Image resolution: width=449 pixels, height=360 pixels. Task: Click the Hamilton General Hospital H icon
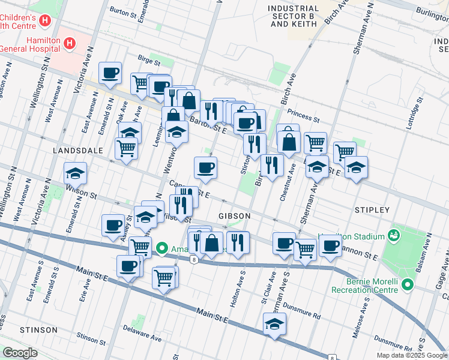[70, 43]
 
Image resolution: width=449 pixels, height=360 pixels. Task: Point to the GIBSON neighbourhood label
[234, 215]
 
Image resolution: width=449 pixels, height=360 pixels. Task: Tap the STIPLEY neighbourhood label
[372, 210]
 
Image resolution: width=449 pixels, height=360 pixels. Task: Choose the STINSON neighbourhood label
[38, 330]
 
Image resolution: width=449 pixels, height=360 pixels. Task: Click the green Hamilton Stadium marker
[394, 234]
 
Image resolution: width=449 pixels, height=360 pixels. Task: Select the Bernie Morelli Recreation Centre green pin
[408, 284]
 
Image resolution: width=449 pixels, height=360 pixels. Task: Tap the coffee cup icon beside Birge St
[110, 73]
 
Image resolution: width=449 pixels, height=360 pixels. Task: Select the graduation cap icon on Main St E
[274, 324]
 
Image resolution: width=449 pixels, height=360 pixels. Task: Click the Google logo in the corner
[20, 353]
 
